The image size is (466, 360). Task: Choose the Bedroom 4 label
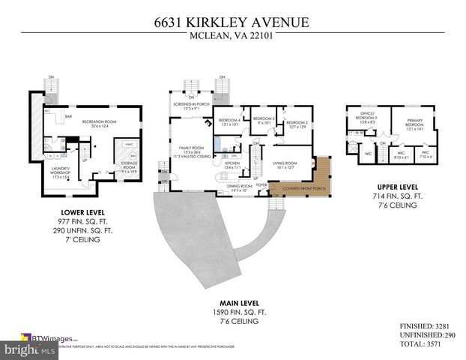(229, 122)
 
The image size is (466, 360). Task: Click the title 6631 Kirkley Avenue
(232, 22)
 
